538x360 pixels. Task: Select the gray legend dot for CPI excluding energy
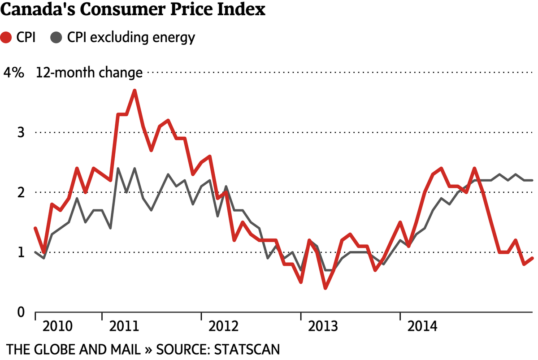(x=56, y=38)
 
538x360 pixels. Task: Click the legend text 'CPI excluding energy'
(x=131, y=38)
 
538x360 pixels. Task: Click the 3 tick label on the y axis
(x=19, y=133)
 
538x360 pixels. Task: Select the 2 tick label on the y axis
(x=19, y=193)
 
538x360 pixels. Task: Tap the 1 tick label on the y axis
(x=20, y=252)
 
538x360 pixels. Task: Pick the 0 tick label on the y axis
(x=19, y=312)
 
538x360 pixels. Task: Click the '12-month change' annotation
(x=89, y=73)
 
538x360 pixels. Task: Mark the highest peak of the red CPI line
(x=134, y=91)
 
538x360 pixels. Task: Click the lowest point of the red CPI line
(x=325, y=288)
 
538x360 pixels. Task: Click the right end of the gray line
(x=532, y=180)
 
